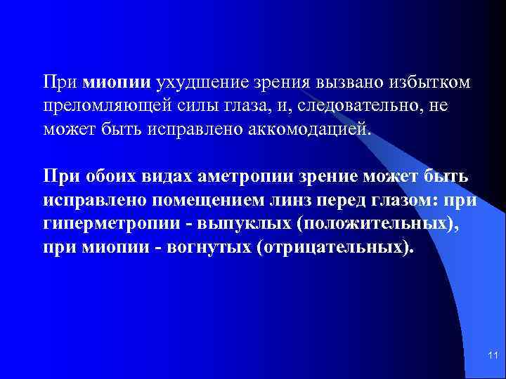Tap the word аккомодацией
[306, 131]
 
